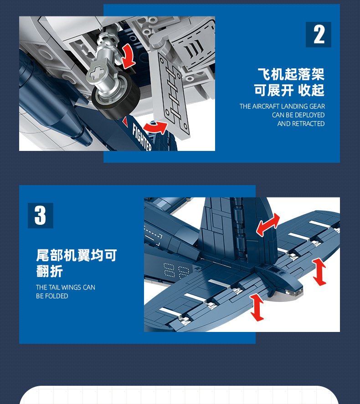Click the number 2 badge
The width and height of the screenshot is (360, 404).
(x=318, y=35)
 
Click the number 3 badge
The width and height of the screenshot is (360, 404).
(x=41, y=215)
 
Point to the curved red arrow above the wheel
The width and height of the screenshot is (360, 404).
(x=129, y=56)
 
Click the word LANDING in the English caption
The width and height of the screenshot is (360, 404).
(x=294, y=106)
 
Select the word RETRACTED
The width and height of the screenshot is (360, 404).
(x=308, y=124)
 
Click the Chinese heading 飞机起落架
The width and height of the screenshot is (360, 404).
(x=291, y=74)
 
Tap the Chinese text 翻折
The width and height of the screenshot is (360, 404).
(x=49, y=271)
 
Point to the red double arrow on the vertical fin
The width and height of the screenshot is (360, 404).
(x=268, y=225)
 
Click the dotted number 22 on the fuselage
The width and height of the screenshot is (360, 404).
(x=177, y=271)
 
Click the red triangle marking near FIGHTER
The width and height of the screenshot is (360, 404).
(x=125, y=121)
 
